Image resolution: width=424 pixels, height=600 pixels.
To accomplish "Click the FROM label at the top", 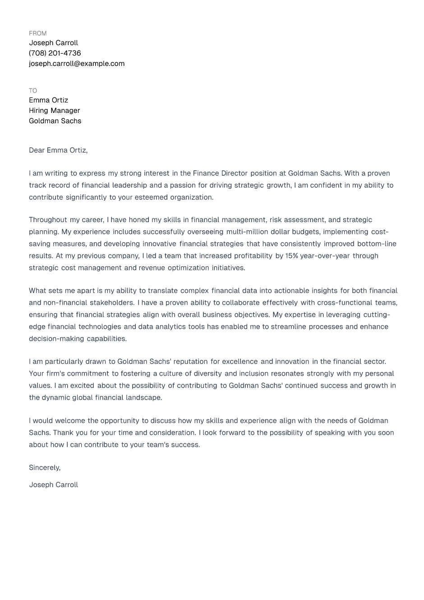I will pyautogui.click(x=37, y=33).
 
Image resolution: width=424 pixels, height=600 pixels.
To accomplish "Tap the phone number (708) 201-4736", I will pyautogui.click(x=55, y=53).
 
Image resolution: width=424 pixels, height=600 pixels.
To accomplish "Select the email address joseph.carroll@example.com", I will pyautogui.click(x=77, y=64).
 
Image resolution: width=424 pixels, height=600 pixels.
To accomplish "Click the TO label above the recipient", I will pyautogui.click(x=33, y=91).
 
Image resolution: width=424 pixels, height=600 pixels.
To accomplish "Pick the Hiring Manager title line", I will pyautogui.click(x=54, y=111).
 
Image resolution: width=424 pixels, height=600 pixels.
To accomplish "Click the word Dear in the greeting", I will pyautogui.click(x=37, y=150).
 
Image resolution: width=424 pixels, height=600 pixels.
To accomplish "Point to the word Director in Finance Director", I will pyautogui.click(x=234, y=173).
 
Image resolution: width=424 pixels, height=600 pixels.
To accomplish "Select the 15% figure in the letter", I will pyautogui.click(x=291, y=256).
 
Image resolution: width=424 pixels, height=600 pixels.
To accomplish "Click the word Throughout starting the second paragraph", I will pyautogui.click(x=48, y=220).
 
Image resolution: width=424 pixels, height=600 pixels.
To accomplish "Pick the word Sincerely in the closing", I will pyautogui.click(x=44, y=468).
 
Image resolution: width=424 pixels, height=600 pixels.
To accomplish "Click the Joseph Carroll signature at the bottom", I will pyautogui.click(x=53, y=485).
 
